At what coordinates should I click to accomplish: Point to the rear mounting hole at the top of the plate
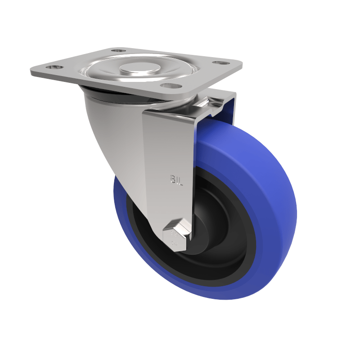[x=118, y=50]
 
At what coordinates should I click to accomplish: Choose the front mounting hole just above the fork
[x=170, y=85]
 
